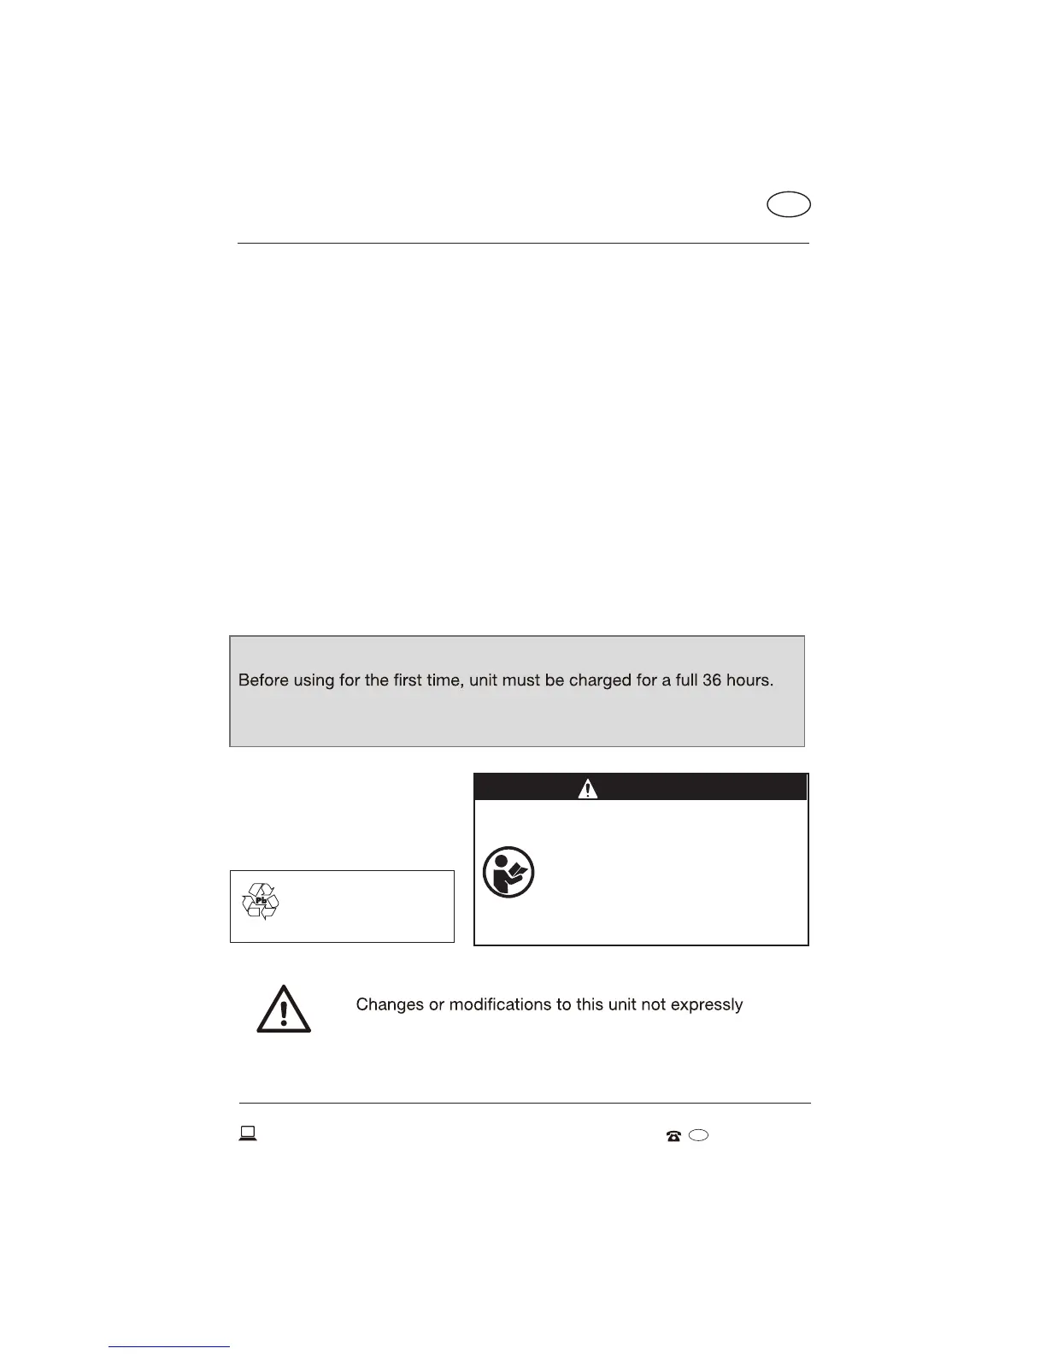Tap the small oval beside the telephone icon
pos(698,1135)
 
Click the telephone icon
pos(673,1136)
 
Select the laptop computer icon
pos(248,1134)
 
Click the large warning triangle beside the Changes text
pos(284,1010)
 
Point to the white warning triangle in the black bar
pos(588,788)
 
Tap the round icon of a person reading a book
pos(508,873)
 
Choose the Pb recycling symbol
pos(261,901)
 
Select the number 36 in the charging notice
pos(713,681)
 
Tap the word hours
pos(750,681)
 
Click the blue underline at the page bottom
pos(169,1347)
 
